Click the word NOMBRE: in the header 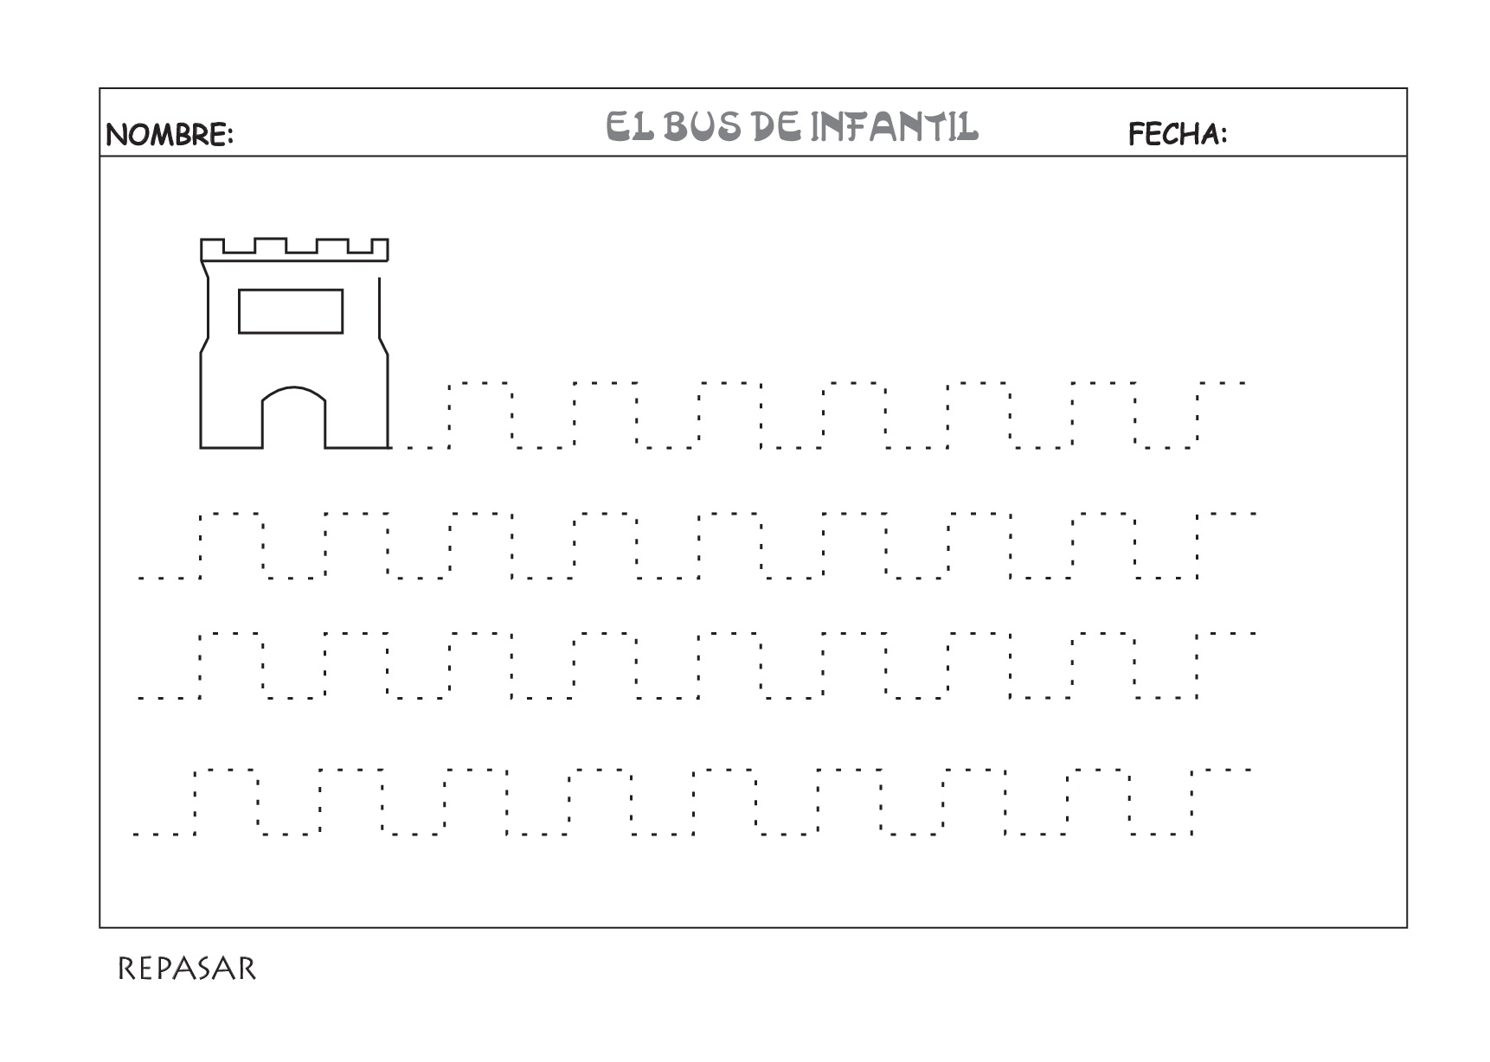pyautogui.click(x=170, y=134)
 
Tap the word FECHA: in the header pyautogui.click(x=1178, y=134)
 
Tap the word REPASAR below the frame pyautogui.click(x=187, y=969)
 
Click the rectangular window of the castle pyautogui.click(x=291, y=311)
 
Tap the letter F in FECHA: pyautogui.click(x=1137, y=134)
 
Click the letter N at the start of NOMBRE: pyautogui.click(x=116, y=135)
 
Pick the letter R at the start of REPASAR pyautogui.click(x=126, y=969)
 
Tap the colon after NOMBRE pyautogui.click(x=230, y=137)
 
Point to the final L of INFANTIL pyautogui.click(x=969, y=126)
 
